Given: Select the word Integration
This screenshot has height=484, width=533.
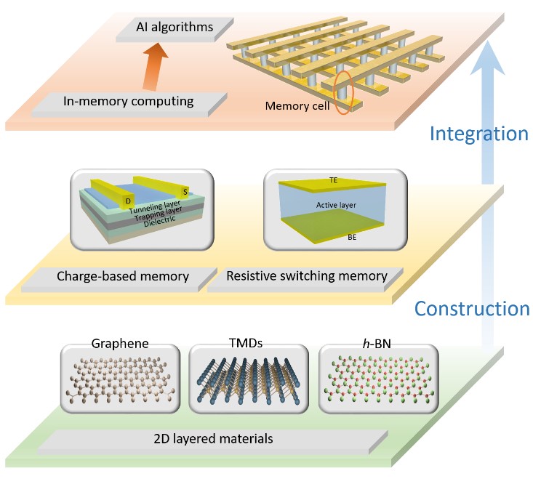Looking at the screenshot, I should pyautogui.click(x=478, y=134).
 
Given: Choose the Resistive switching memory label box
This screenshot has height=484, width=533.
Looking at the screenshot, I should pyautogui.click(x=305, y=276).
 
